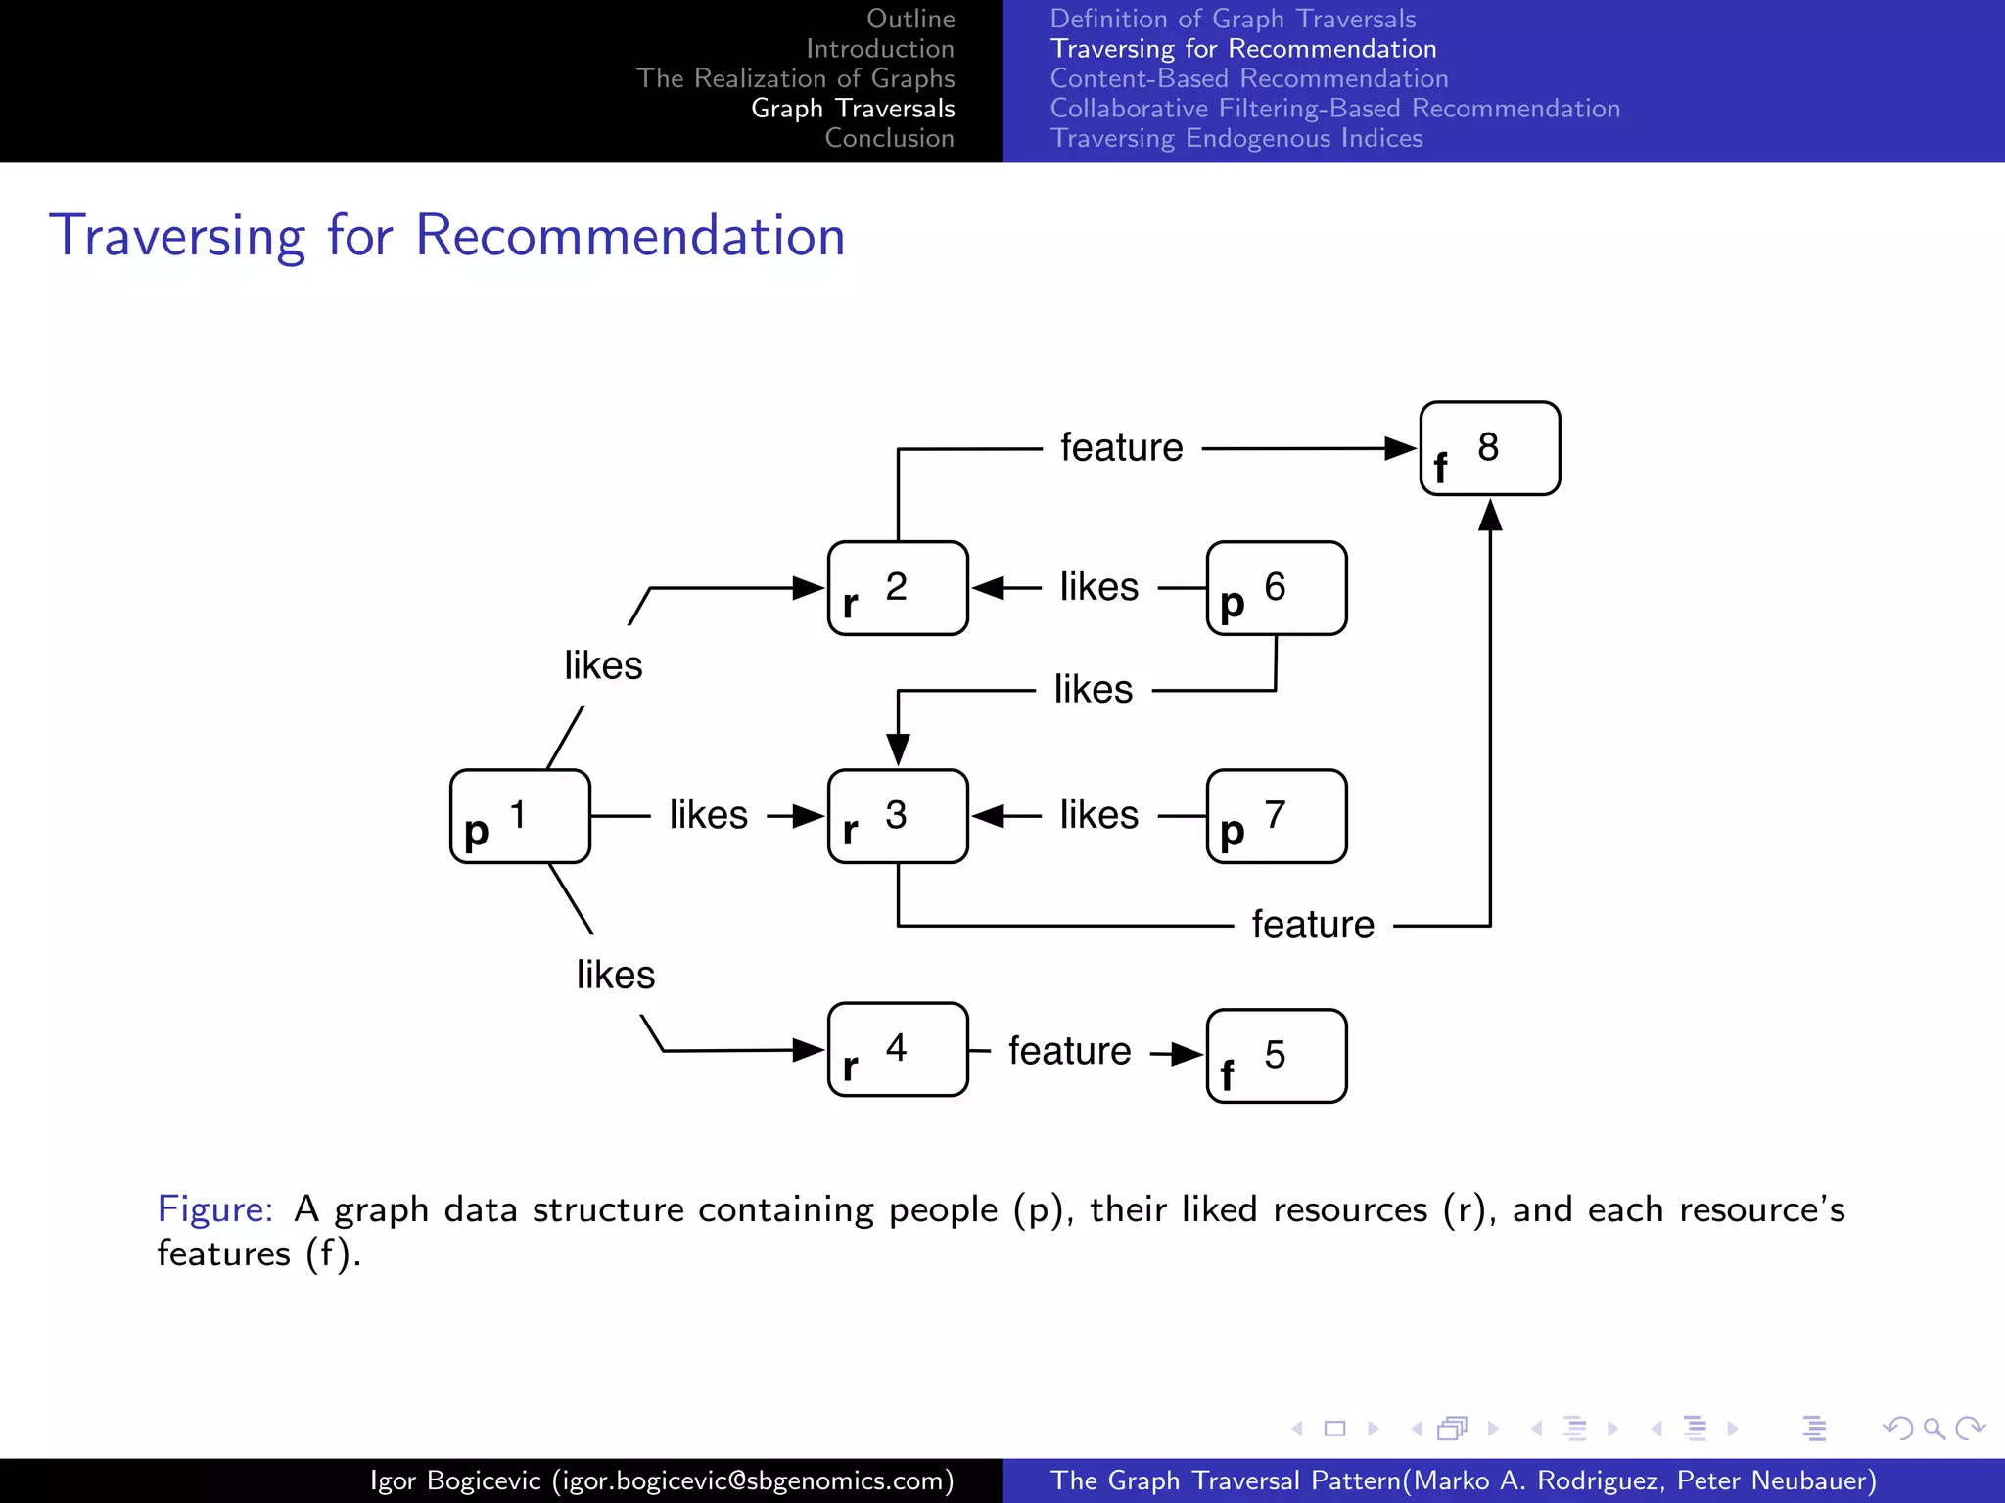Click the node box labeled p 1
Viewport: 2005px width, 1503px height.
520,816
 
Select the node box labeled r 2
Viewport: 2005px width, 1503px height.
898,588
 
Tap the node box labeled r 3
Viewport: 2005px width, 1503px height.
898,816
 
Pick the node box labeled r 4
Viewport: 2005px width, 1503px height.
898,1049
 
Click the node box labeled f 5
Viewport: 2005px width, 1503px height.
1277,1056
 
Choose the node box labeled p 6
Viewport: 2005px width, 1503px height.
1277,588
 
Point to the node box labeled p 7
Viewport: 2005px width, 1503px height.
1277,816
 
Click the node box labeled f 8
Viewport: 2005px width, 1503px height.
1490,448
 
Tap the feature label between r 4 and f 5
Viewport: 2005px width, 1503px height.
1070,1051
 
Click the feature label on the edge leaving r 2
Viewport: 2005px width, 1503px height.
1122,448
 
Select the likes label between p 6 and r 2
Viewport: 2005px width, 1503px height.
1099,587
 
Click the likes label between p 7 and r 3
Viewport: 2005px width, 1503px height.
1099,815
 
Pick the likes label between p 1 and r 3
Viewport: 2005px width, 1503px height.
709,815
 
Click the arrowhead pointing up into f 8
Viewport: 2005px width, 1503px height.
1490,516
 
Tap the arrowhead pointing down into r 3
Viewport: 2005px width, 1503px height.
898,750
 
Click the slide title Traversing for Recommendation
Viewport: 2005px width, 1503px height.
447,236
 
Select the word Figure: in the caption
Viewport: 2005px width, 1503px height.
215,1209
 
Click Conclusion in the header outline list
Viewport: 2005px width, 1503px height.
889,138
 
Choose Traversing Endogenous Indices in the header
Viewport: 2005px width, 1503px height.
1236,138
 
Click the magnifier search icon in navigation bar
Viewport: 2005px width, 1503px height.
1934,1429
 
